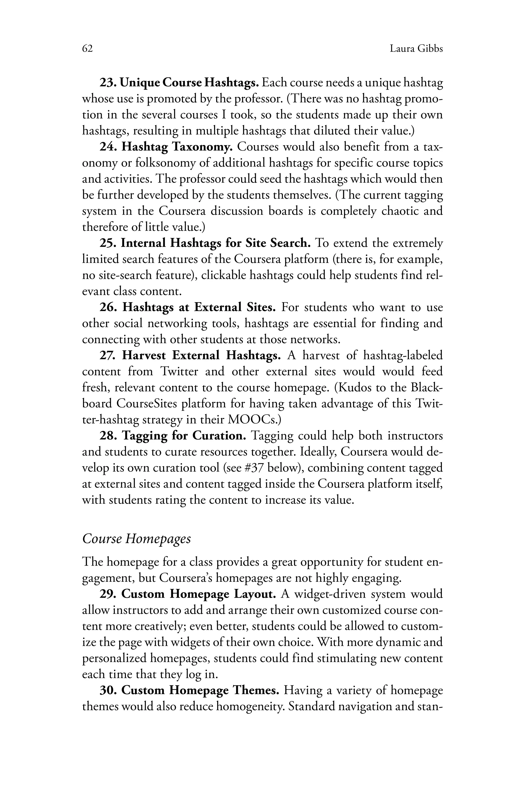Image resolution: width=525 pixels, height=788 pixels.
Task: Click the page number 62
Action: tap(87, 49)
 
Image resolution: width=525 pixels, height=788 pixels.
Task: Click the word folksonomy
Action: tap(165, 163)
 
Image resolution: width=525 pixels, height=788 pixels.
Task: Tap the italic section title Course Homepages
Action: tap(137, 539)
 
